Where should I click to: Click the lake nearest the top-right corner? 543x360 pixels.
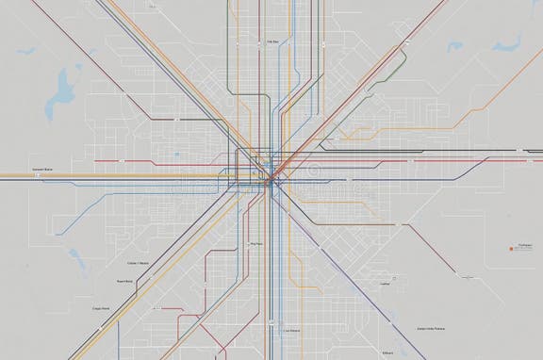pyautogui.click(x=512, y=42)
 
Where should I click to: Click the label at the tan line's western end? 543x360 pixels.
pyautogui.click(x=42, y=169)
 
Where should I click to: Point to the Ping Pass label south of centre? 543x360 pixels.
pyautogui.click(x=255, y=244)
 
